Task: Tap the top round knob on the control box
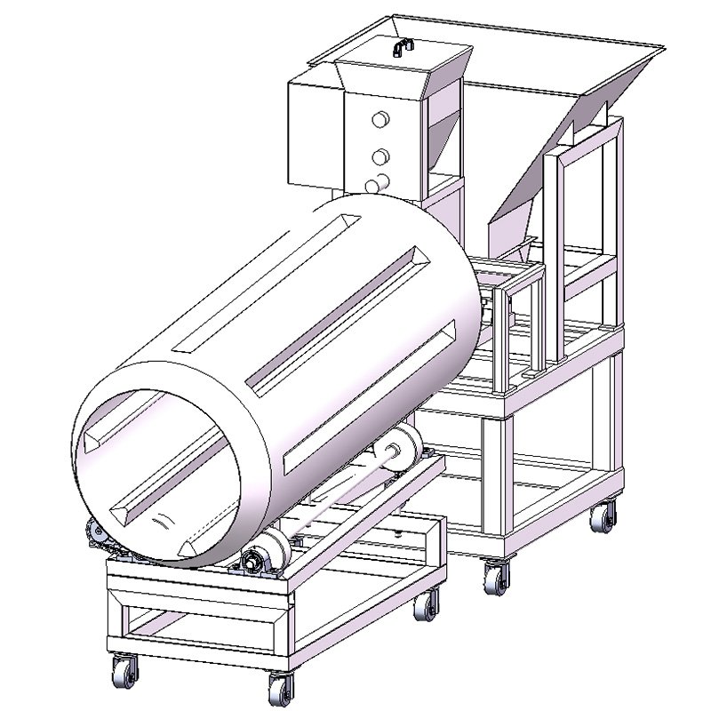tap(380, 119)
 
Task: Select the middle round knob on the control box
tap(380, 157)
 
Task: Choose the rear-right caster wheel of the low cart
tap(427, 604)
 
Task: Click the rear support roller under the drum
tap(404, 444)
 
